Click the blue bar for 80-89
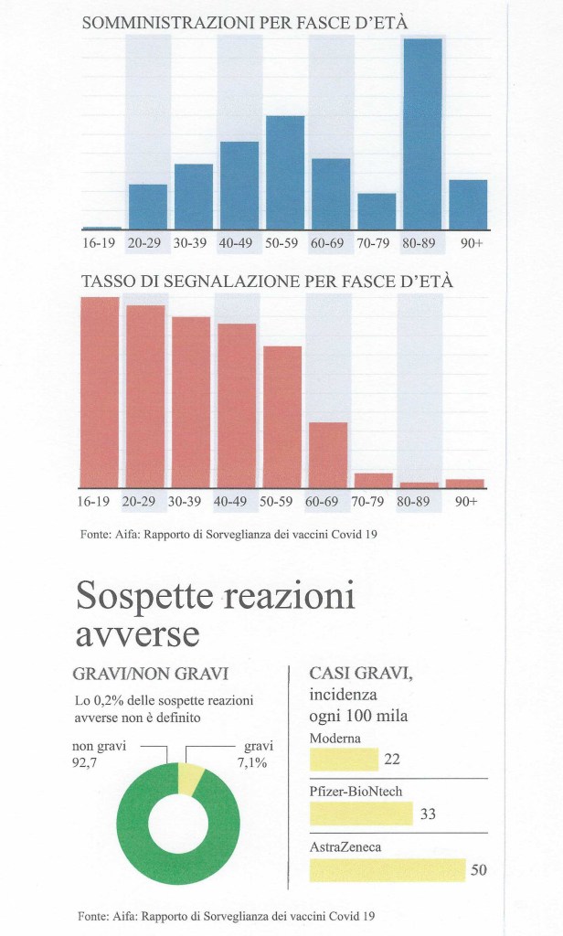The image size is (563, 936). click(422, 133)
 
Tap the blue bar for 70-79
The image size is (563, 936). click(377, 211)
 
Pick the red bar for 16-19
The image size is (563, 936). click(100, 392)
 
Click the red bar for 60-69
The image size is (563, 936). click(328, 454)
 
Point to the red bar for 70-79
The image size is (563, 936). click(373, 480)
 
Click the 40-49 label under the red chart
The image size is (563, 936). click(237, 501)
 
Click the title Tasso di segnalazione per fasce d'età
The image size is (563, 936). click(267, 281)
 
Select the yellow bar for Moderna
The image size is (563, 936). click(344, 760)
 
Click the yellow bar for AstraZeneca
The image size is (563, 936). click(388, 869)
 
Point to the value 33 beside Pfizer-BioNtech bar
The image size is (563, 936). click(427, 814)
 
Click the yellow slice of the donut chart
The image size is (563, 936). click(191, 778)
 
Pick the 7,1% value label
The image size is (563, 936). click(251, 762)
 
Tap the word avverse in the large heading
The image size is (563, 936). click(137, 633)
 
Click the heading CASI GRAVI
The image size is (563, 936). click(361, 674)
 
